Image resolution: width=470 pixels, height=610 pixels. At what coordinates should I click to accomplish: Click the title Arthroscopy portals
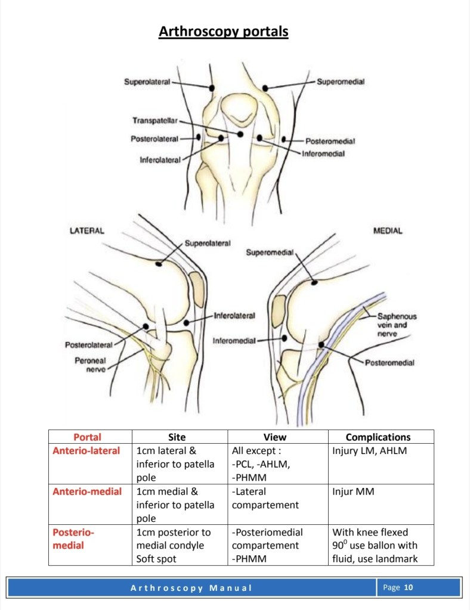click(223, 31)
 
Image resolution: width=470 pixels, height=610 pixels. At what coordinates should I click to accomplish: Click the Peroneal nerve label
click(91, 365)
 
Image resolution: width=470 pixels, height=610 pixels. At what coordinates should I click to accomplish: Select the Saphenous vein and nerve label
click(397, 325)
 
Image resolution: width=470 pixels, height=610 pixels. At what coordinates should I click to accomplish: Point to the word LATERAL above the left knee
click(87, 231)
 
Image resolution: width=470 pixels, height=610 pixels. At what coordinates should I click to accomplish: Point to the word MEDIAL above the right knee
click(388, 231)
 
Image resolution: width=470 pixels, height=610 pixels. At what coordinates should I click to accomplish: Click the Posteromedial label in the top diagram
click(330, 142)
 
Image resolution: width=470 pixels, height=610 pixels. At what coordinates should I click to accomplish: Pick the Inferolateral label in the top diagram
click(160, 161)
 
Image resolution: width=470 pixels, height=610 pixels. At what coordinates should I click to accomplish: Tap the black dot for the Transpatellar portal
click(240, 135)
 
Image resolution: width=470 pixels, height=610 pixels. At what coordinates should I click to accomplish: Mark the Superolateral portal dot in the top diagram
click(211, 88)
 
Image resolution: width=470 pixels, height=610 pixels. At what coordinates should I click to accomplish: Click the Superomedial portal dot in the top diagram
click(265, 88)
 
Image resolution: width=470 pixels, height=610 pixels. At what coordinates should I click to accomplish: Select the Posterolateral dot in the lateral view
click(146, 326)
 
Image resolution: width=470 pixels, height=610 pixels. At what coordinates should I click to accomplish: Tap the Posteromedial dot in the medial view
click(321, 344)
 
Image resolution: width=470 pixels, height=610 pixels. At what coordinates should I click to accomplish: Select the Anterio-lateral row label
click(86, 451)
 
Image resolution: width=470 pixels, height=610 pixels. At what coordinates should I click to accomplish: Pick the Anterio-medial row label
click(87, 491)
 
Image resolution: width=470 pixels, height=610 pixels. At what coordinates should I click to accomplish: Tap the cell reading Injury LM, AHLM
click(369, 451)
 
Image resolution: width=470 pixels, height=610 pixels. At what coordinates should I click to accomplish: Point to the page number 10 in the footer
click(409, 588)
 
